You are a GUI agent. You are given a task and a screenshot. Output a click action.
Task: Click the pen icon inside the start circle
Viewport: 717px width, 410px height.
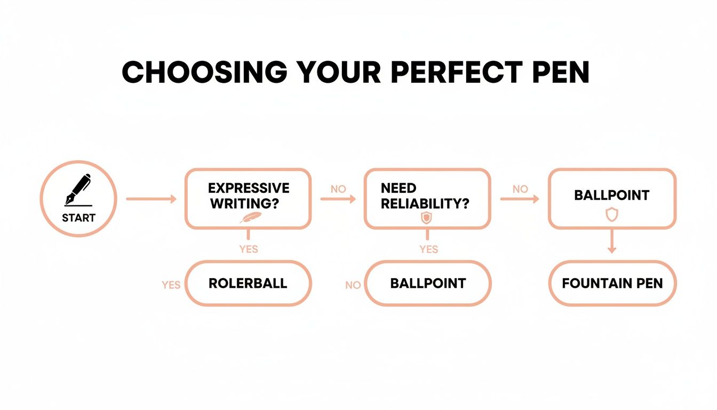point(78,190)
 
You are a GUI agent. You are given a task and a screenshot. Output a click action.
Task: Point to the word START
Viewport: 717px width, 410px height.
point(78,218)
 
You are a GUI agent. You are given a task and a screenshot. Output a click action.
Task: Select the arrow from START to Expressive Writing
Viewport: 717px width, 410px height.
point(151,199)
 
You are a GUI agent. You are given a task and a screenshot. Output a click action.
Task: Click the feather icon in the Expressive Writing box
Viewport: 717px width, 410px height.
point(251,217)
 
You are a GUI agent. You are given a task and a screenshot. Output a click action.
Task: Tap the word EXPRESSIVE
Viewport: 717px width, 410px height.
point(249,188)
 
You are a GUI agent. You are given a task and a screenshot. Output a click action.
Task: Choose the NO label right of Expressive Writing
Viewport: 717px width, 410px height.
point(338,189)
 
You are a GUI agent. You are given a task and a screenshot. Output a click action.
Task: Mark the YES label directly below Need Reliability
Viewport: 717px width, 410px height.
point(429,249)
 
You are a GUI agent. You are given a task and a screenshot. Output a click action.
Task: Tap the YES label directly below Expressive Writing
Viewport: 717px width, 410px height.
point(249,249)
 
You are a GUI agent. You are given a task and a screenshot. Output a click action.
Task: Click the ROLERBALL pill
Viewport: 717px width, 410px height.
point(248,283)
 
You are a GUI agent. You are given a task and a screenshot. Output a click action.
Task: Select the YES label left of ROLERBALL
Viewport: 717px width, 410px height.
point(171,285)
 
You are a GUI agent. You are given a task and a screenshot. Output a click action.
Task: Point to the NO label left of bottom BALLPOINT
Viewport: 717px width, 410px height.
point(353,285)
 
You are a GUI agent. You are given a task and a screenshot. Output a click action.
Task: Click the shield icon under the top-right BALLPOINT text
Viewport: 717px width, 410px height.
point(611,215)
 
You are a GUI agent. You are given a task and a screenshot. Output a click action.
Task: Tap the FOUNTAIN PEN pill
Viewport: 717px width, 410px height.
point(612,283)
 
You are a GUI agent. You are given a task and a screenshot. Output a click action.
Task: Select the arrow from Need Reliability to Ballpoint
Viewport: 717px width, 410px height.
point(520,199)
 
